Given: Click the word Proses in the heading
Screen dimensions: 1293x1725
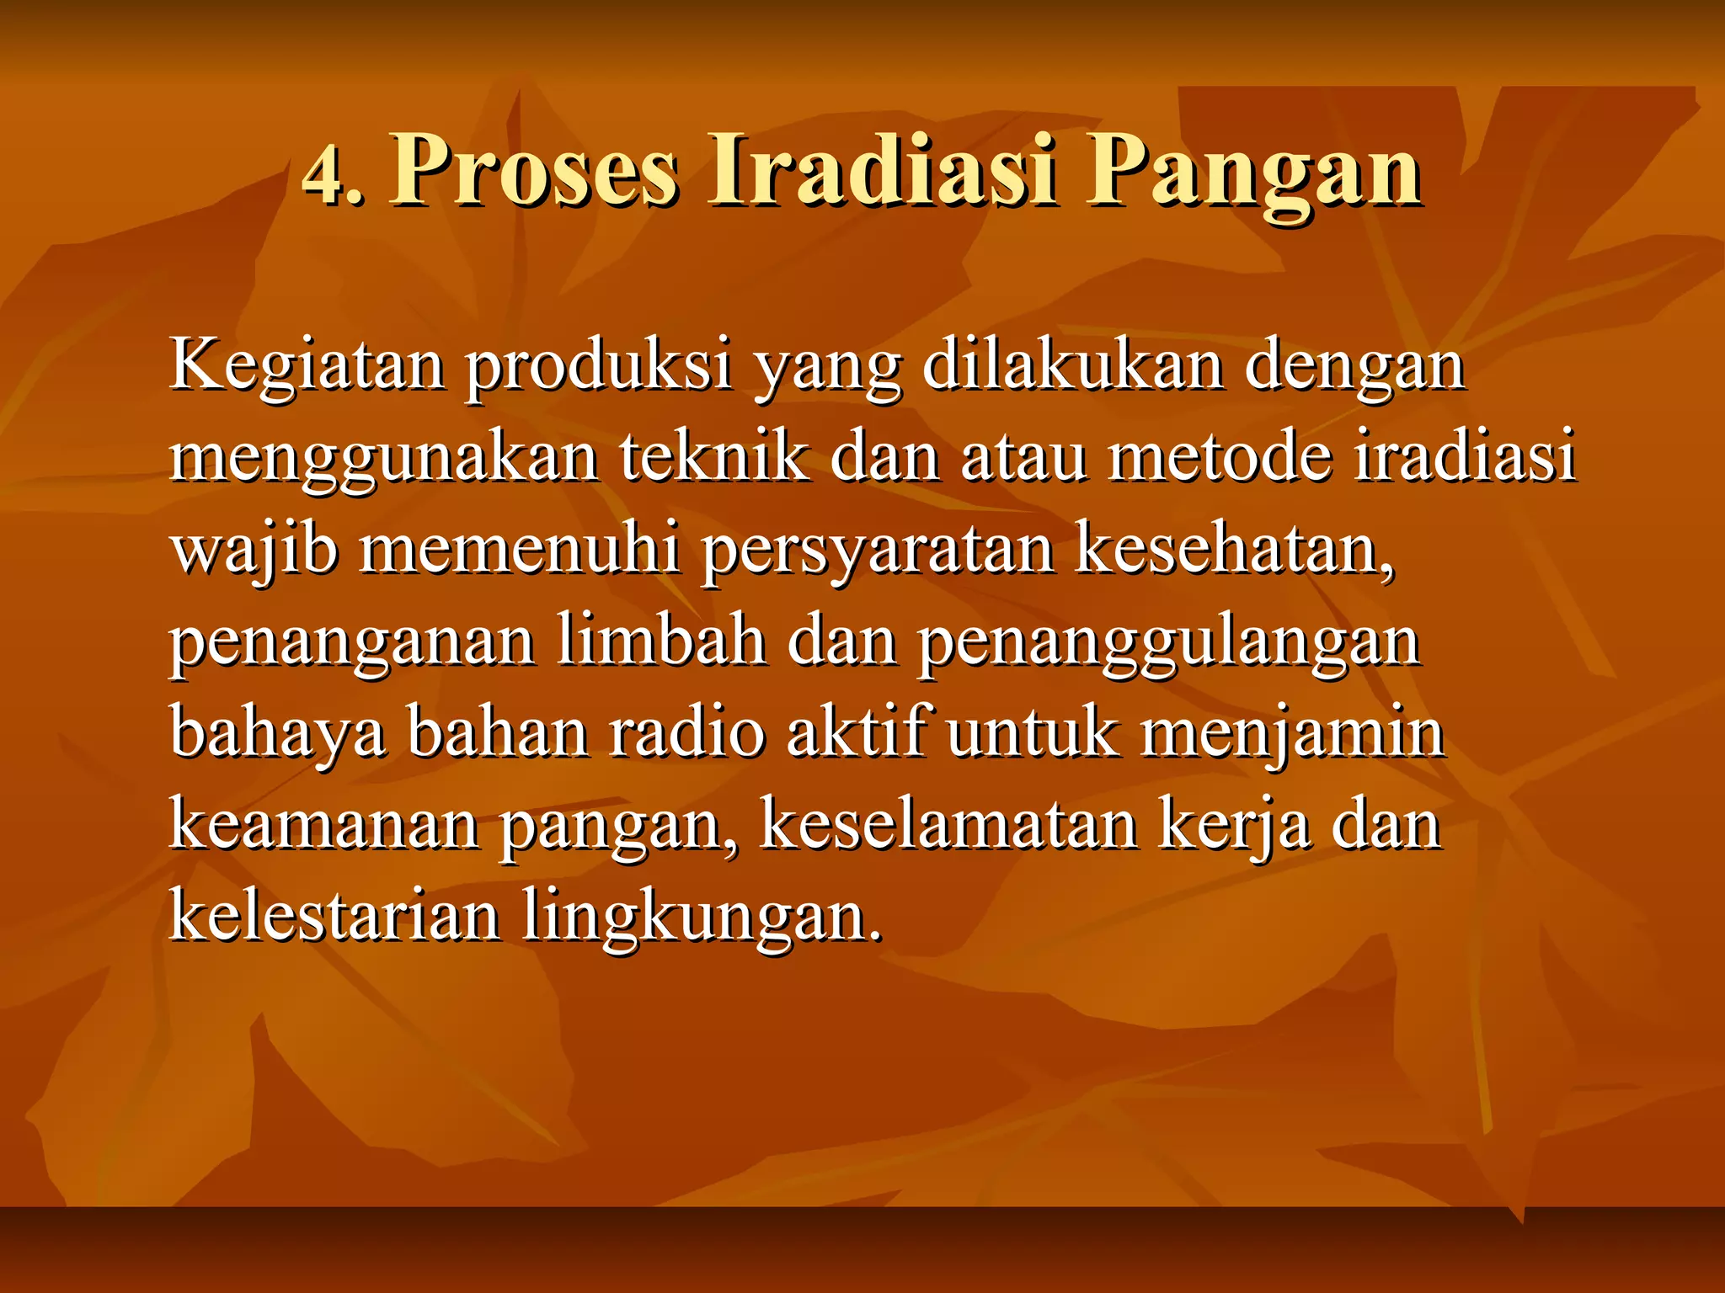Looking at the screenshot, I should [x=534, y=172].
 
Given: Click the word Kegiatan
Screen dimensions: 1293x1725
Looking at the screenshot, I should [x=307, y=368].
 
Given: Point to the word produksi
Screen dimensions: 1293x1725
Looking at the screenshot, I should [x=599, y=368].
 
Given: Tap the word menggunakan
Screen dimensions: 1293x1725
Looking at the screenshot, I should [x=383, y=460].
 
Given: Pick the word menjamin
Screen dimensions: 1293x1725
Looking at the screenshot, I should [x=1293, y=734].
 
